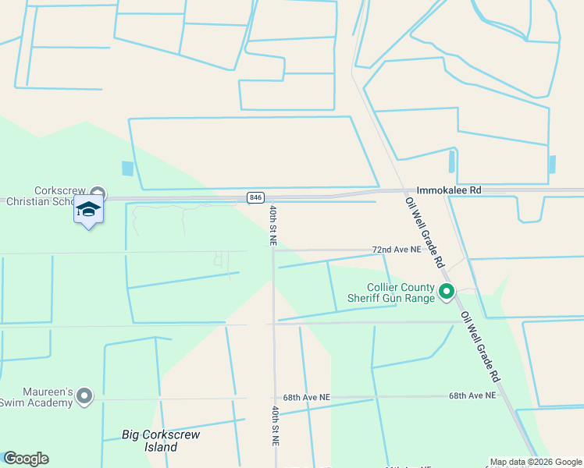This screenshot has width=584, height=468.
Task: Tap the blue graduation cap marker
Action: [x=88, y=210]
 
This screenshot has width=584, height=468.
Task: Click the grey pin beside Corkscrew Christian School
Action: [x=98, y=192]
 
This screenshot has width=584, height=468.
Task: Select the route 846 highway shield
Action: [x=256, y=197]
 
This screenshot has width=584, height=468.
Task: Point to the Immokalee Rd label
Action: [x=449, y=190]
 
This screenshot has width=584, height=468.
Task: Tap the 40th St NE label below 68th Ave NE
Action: [x=275, y=425]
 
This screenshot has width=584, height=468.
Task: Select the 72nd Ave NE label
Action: [x=396, y=250]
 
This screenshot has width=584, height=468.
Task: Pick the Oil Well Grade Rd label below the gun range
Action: [x=479, y=347]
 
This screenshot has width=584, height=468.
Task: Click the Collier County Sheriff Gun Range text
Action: [x=390, y=292]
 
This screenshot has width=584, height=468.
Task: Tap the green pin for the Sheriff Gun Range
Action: [x=447, y=292]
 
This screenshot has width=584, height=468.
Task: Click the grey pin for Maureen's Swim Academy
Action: [x=84, y=397]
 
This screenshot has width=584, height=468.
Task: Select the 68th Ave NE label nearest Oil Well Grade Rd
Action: [x=472, y=395]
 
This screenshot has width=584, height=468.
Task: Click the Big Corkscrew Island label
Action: [x=149, y=440]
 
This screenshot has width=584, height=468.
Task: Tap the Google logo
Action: [x=26, y=459]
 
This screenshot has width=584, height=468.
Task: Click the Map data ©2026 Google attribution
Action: [x=536, y=462]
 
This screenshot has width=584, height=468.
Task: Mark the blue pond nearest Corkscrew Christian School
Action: [x=127, y=168]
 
